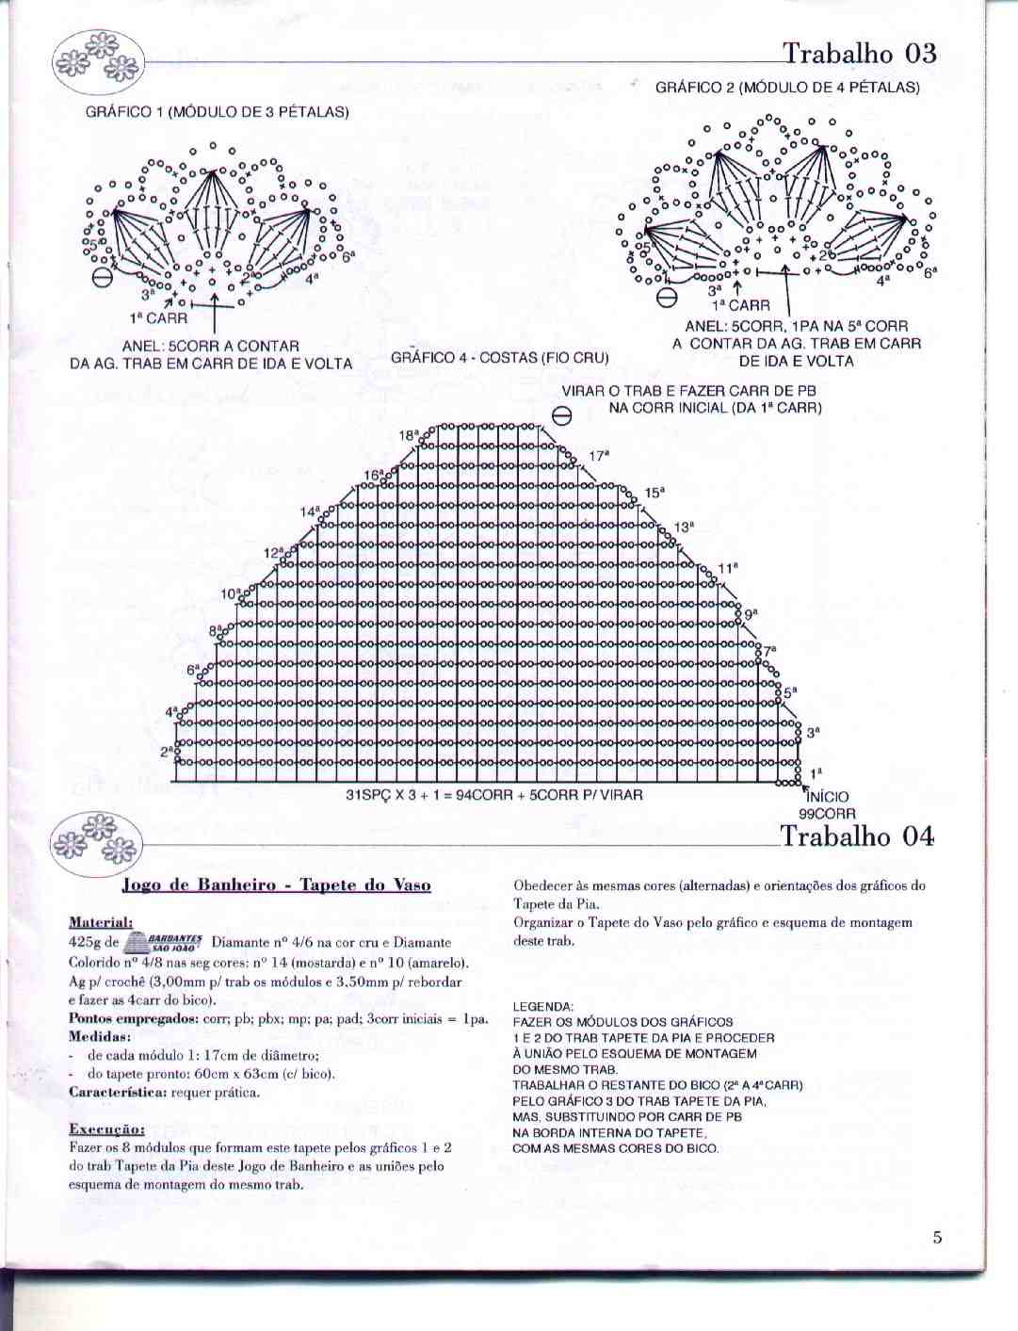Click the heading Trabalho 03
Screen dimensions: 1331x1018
pos(859,53)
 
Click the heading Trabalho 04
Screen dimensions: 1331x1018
pos(857,836)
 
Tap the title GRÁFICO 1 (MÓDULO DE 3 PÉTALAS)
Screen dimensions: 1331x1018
pos(218,112)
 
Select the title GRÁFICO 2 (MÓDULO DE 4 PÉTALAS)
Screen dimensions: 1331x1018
pos(787,88)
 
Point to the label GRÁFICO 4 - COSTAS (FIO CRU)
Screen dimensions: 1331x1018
pos(500,358)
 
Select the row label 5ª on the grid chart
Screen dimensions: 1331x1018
pos(790,692)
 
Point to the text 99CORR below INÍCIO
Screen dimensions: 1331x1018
pos(827,814)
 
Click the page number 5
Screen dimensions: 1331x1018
pos(937,1237)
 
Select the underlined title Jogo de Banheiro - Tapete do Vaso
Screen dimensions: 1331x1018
pos(277,885)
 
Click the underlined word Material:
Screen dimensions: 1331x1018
pos(101,922)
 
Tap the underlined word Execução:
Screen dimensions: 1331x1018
pos(106,1128)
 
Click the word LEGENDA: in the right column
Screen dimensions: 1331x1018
pos(542,1006)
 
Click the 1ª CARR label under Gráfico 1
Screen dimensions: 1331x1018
pos(160,319)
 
